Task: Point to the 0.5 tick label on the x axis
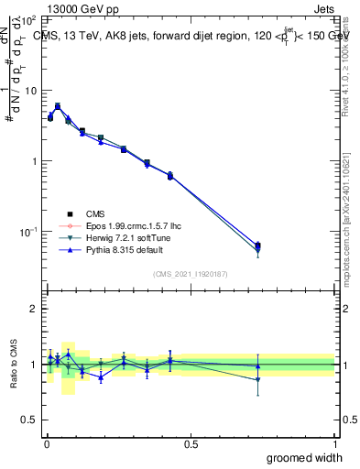191,443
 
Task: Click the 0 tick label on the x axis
46,443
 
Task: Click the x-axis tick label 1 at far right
335,443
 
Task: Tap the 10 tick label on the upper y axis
30,90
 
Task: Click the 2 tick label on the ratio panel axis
34,309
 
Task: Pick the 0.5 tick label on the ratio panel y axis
29,420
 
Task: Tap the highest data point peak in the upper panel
58,106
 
